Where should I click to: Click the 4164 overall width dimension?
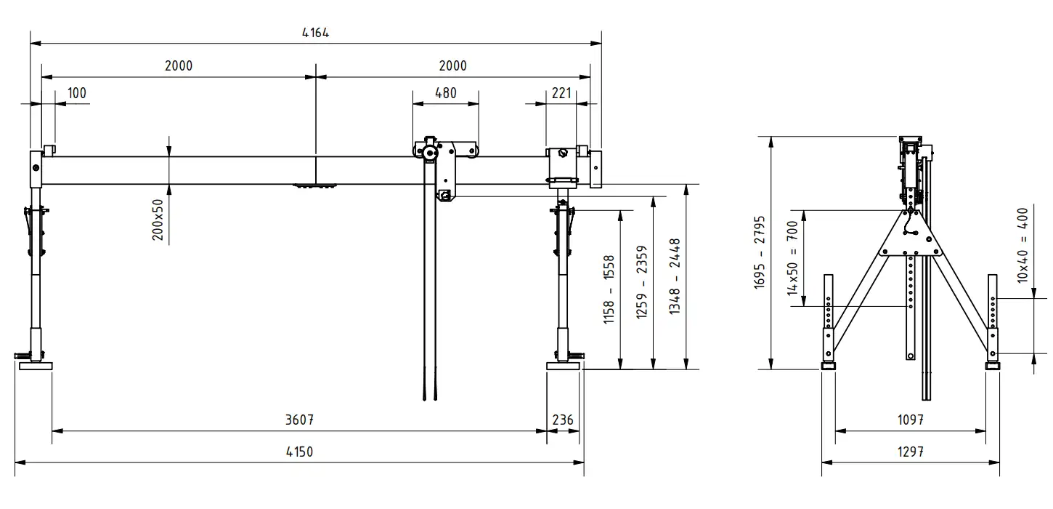coord(315,33)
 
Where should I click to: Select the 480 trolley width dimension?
coord(446,93)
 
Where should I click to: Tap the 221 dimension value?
coord(561,93)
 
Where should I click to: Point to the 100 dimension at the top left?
coord(77,93)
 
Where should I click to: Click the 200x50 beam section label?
coord(158,220)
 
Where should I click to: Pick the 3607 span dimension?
coord(299,420)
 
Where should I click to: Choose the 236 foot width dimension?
coord(563,420)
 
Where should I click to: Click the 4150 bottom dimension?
coord(299,452)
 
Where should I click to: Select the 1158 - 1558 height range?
coord(609,289)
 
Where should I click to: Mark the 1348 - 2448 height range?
coord(675,276)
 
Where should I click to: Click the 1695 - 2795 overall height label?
coord(759,252)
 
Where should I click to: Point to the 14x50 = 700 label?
coord(792,259)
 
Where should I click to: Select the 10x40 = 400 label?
coord(1022,245)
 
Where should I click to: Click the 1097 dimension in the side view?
coord(911,420)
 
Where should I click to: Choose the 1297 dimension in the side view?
coord(911,452)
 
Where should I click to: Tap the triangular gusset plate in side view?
coord(911,236)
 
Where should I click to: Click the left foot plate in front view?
coord(36,366)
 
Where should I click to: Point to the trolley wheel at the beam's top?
coord(428,153)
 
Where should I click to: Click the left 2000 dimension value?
coord(179,66)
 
